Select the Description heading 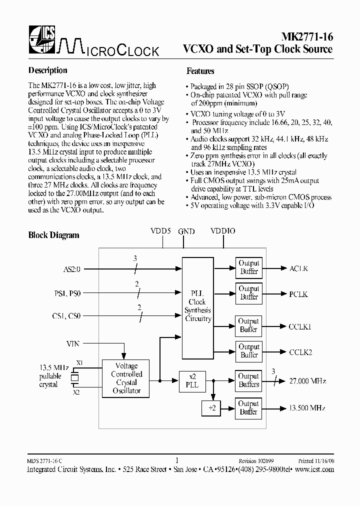(47, 70)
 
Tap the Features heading (200, 71)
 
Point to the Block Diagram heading (53, 235)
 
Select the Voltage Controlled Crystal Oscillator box (126, 378)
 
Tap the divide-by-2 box (211, 408)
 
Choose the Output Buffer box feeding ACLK (248, 267)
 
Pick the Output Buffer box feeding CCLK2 (248, 351)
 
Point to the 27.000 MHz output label (307, 381)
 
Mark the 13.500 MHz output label (307, 408)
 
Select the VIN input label (72, 343)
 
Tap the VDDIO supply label (222, 231)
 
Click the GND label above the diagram (186, 231)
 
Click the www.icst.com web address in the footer (314, 469)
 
